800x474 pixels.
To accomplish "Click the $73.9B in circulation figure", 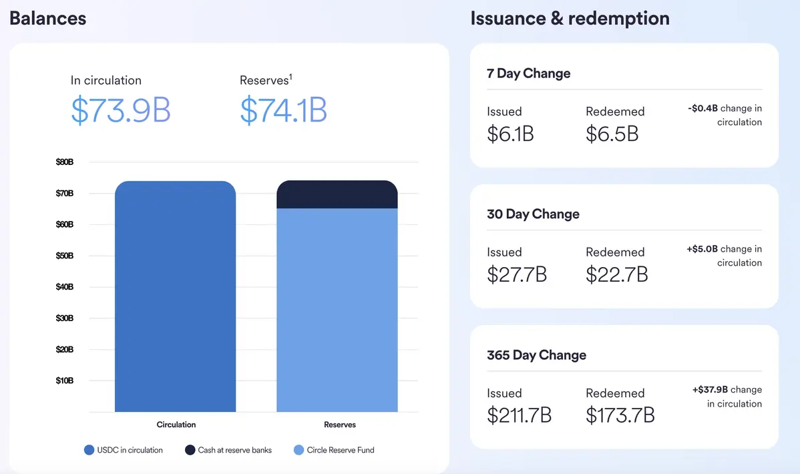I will (x=120, y=111).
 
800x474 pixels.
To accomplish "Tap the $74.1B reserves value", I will (x=283, y=111).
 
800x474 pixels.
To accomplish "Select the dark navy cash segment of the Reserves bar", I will (x=337, y=195).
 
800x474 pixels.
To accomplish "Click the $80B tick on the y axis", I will (x=65, y=162).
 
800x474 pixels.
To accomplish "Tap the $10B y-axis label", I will (x=65, y=381).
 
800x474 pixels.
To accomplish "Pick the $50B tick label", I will (x=65, y=256).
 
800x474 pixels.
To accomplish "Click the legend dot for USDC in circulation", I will (x=89, y=450).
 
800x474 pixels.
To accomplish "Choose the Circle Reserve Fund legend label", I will (x=341, y=450).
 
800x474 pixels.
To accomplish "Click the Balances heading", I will (x=47, y=18).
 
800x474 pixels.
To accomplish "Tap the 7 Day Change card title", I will (x=529, y=73).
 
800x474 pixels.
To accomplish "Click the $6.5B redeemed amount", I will (x=612, y=134).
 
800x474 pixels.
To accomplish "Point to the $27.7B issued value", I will (x=517, y=274).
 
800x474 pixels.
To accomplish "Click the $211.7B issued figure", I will (x=520, y=415).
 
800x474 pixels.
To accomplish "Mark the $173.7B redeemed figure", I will (x=620, y=415).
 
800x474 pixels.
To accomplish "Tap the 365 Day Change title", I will (x=536, y=355).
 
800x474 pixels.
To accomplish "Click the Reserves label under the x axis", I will (x=340, y=425).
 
